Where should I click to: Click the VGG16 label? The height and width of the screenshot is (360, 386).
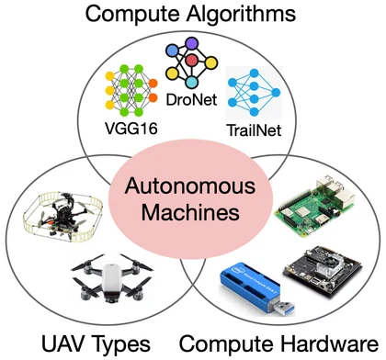131,129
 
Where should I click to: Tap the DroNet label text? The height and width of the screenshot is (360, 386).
191,99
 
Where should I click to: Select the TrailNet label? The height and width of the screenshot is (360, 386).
254,130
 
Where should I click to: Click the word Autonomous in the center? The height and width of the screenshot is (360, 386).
190,186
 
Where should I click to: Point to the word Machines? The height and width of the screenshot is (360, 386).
190,212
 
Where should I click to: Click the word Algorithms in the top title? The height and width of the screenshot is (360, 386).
242,15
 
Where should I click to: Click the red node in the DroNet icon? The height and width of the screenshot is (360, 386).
192,61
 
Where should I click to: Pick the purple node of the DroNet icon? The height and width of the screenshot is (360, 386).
192,43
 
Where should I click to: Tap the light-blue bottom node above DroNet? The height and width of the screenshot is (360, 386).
192,82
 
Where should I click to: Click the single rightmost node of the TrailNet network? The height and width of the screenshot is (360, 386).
276,93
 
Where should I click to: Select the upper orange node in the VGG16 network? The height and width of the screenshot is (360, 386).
153,84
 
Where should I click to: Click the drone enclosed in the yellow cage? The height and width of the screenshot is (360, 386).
62,217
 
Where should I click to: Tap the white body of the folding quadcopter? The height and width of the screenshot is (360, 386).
111,280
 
